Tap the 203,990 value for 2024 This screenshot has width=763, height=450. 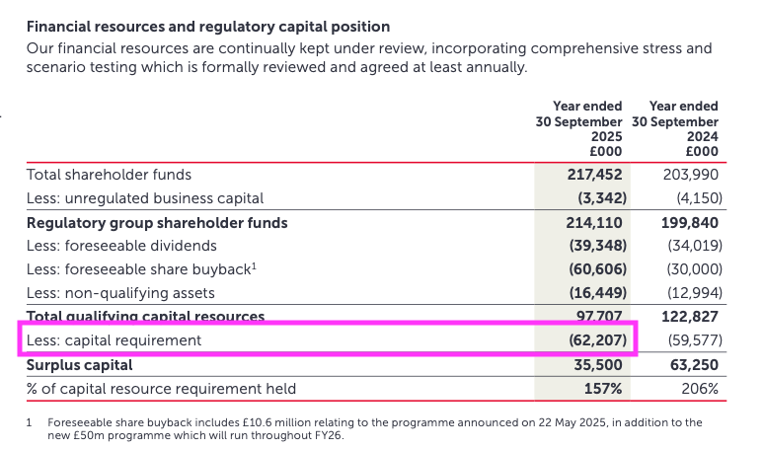(692, 174)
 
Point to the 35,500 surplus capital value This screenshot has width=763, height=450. (599, 364)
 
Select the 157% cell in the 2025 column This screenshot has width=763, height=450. (603, 388)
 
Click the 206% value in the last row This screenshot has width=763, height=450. (700, 388)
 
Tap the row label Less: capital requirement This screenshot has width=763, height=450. (114, 340)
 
